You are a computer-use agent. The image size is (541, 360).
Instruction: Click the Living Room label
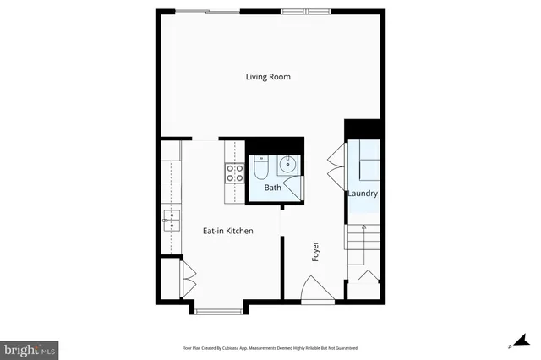(x=268, y=77)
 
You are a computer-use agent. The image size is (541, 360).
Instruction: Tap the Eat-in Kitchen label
(x=227, y=231)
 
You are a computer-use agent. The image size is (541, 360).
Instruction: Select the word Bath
(x=272, y=188)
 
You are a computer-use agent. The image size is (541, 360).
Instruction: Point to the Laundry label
(x=362, y=194)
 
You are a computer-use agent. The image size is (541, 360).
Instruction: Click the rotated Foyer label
(x=315, y=252)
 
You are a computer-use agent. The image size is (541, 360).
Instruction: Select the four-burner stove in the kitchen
(x=233, y=173)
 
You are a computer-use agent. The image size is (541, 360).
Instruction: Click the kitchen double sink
(x=172, y=222)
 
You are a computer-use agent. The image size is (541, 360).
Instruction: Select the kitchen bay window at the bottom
(x=219, y=312)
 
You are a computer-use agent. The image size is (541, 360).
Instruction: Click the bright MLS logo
(x=30, y=348)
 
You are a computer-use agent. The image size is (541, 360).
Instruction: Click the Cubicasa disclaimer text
(x=270, y=347)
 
